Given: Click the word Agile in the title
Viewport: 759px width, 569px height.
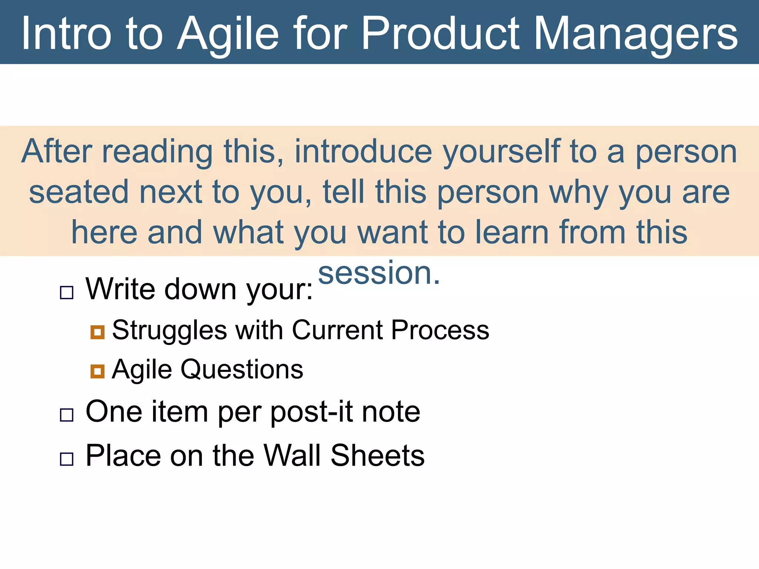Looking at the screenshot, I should [228, 34].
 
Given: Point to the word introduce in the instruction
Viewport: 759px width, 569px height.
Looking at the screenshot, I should [363, 152].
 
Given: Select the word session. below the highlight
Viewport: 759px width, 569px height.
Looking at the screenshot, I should [379, 273].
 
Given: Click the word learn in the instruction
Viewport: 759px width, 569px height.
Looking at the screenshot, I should [511, 232].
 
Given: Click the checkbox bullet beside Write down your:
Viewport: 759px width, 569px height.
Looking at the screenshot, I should [67, 293].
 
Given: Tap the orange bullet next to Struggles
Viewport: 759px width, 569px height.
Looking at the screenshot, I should [97, 332].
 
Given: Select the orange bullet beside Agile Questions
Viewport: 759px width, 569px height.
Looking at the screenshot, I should [97, 371].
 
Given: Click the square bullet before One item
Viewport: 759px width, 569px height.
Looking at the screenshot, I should [67, 415].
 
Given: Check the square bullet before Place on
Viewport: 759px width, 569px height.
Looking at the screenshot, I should [67, 459].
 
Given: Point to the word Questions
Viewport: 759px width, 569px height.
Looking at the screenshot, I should [242, 370].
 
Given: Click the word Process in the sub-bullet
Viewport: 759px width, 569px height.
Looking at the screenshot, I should [440, 330].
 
